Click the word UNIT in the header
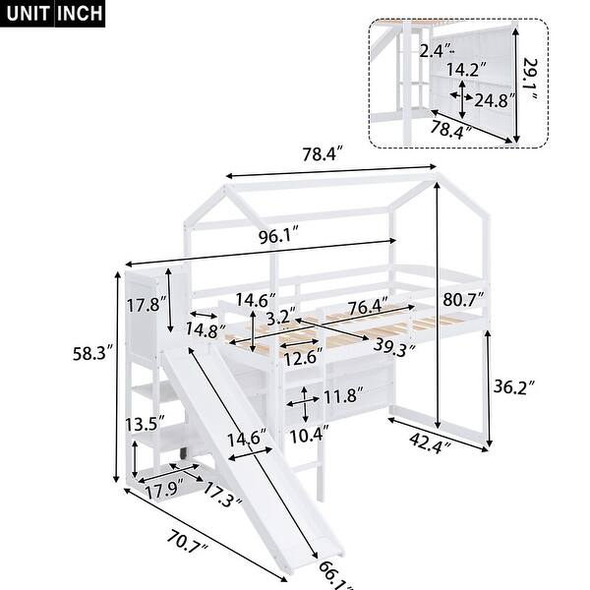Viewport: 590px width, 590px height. [x=30, y=14]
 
